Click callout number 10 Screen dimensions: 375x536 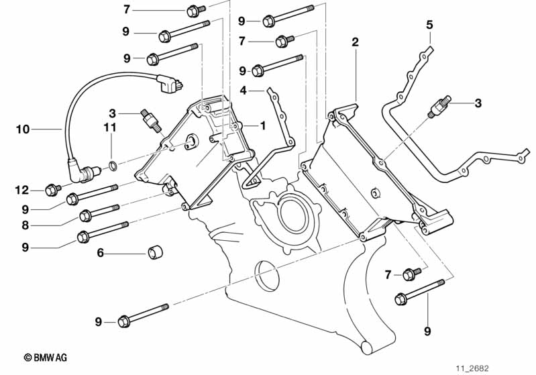(x=23, y=128)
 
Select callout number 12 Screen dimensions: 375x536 (x=23, y=191)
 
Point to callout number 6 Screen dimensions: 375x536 (x=100, y=254)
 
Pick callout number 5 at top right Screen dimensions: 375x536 (x=429, y=25)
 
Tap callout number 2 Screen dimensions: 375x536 (x=355, y=42)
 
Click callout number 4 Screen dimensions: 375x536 (x=244, y=90)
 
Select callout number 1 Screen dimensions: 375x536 (x=264, y=125)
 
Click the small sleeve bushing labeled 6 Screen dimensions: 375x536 (x=156, y=254)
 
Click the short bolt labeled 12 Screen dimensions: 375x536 (x=52, y=191)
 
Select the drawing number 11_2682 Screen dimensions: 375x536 (x=474, y=368)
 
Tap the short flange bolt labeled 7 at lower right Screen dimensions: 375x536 (x=411, y=274)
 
